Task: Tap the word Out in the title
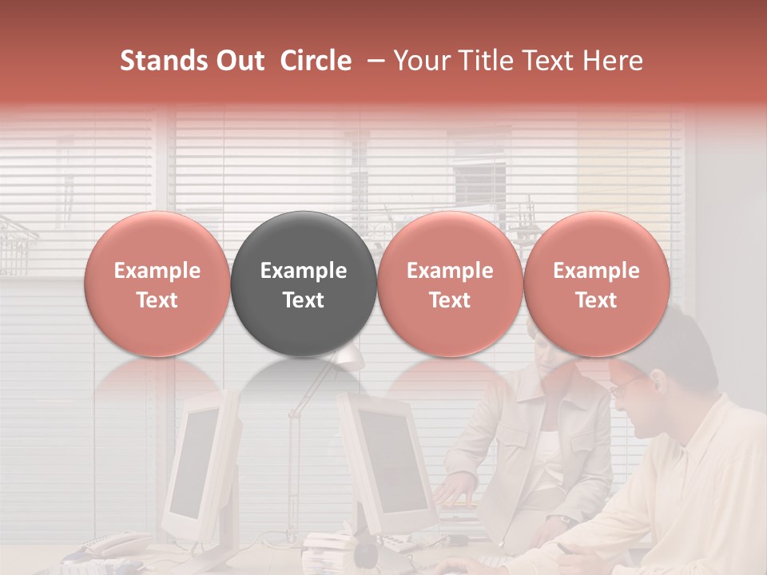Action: [239, 61]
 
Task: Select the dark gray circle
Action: [304, 284]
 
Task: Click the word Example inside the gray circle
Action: [304, 271]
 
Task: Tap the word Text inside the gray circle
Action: [304, 300]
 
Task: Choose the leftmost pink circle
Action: [157, 284]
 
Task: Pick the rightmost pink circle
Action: [597, 284]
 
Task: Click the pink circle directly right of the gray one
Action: [450, 284]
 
